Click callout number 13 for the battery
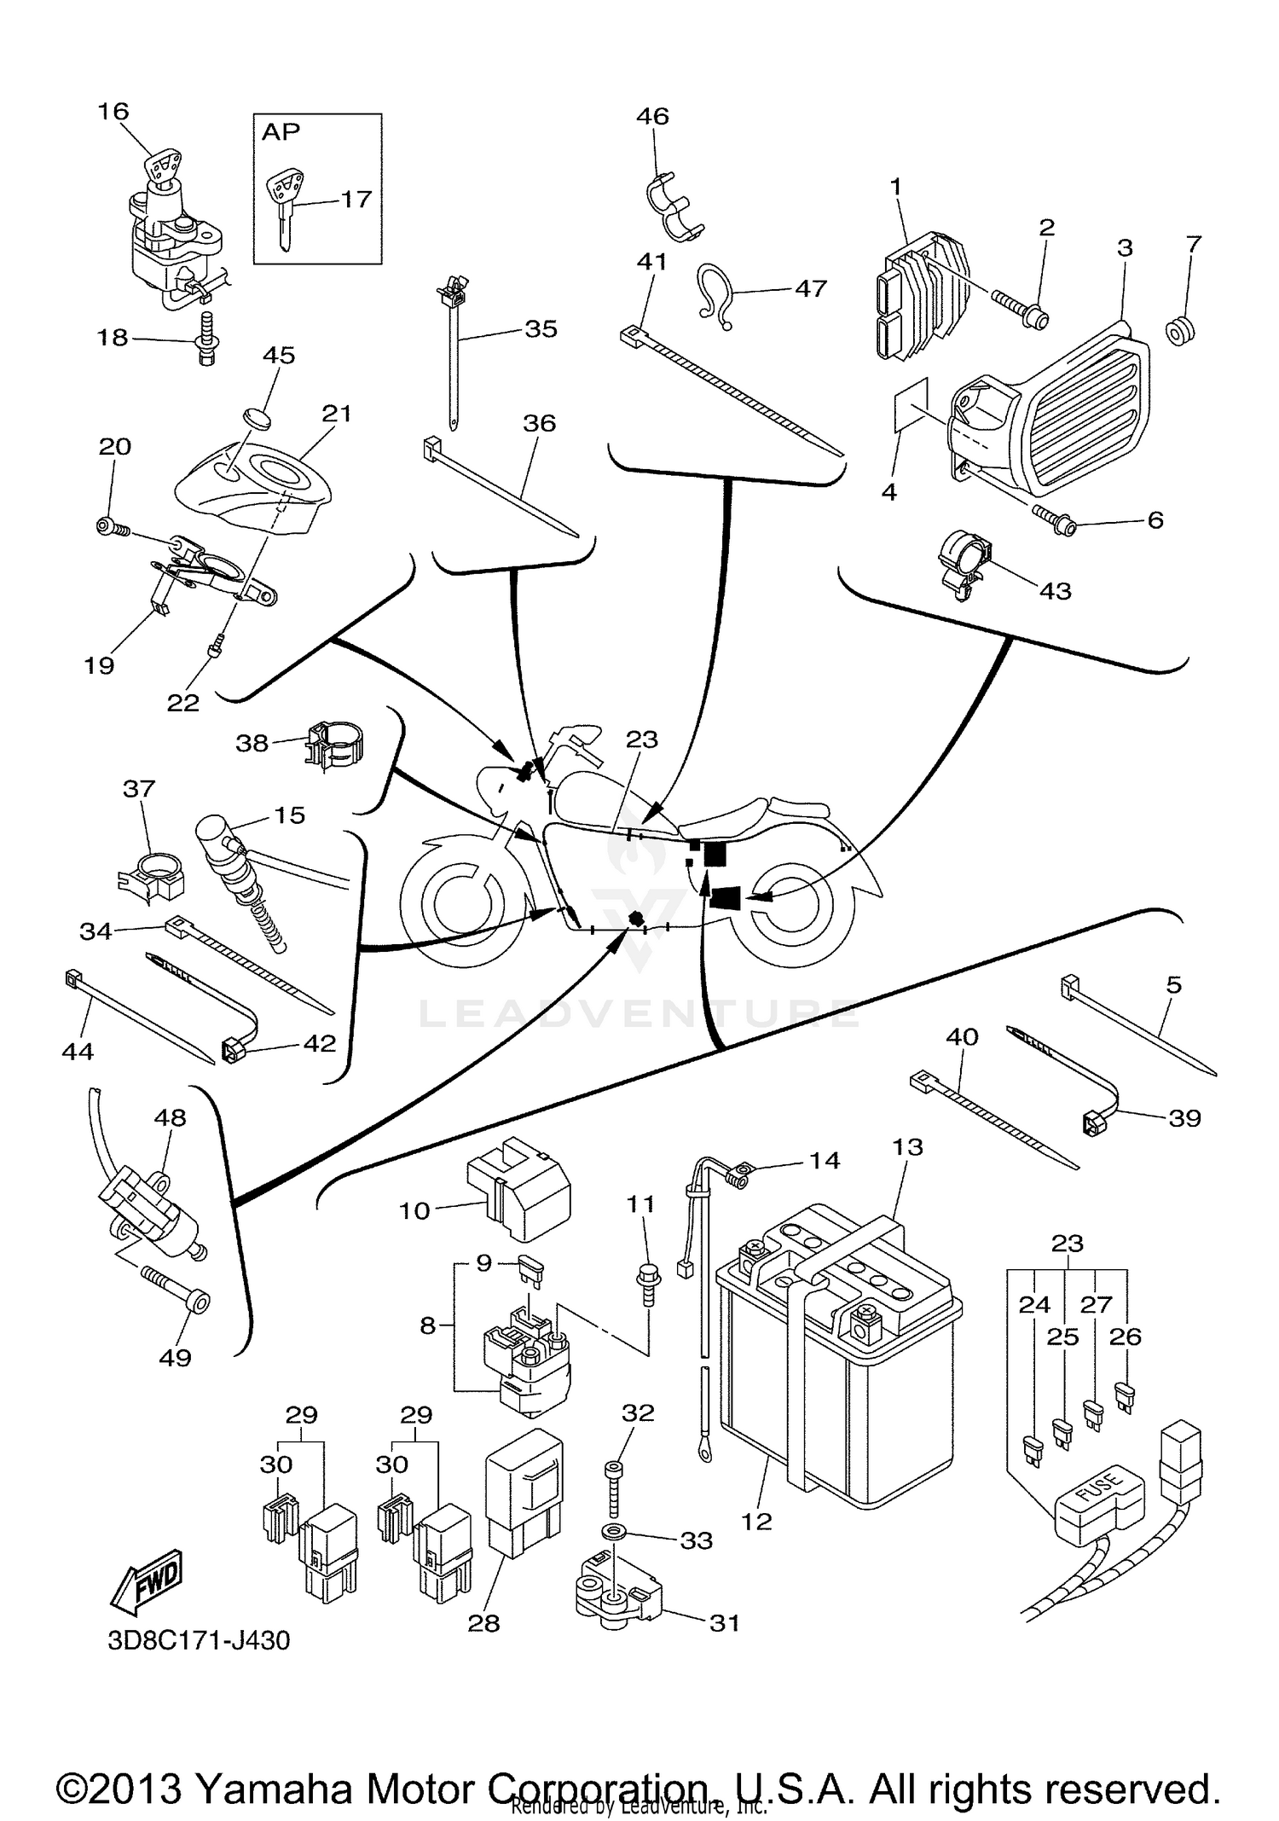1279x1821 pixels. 907,1146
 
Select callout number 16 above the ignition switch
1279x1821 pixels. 113,111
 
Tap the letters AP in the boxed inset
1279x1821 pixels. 281,131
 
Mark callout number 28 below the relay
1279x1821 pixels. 483,1622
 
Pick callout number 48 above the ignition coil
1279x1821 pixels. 169,1117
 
